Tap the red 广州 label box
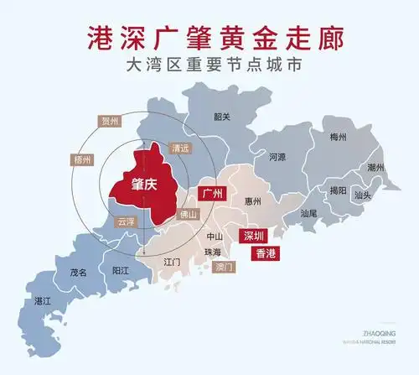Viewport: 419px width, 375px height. [215, 194]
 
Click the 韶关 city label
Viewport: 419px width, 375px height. [222, 117]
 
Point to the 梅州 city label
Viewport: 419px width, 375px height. [339, 137]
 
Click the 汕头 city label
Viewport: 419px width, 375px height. [363, 195]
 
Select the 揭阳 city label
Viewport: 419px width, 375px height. [338, 190]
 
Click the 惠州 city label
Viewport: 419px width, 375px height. [252, 201]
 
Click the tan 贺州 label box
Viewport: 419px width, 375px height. [111, 122]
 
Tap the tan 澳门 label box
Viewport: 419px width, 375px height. [224, 267]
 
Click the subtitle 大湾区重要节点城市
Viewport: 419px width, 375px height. [209, 64]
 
